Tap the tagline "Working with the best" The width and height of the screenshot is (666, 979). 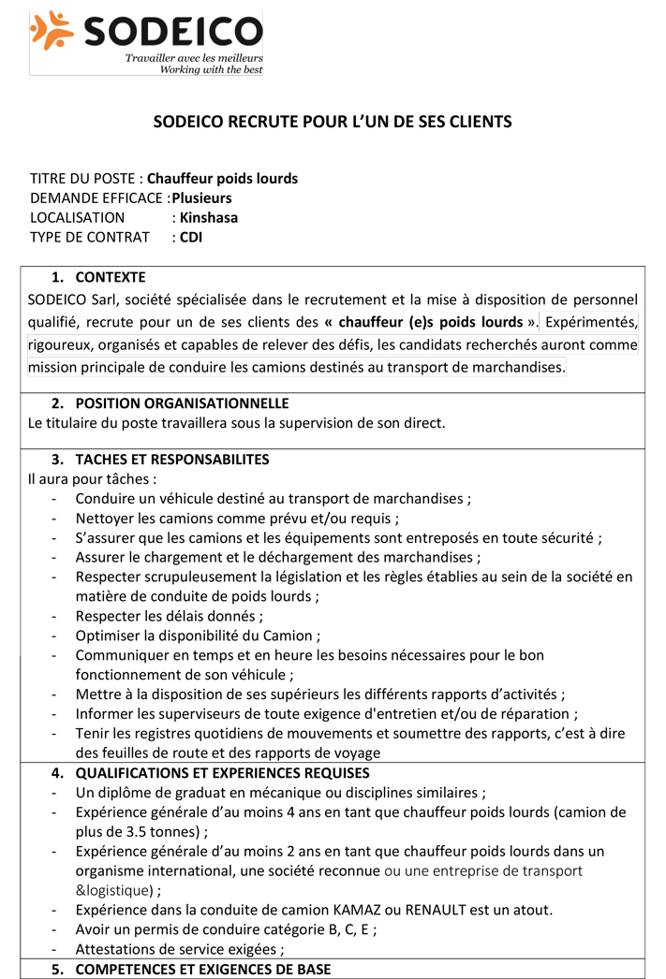pyautogui.click(x=211, y=69)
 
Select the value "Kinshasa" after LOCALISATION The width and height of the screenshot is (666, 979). pyautogui.click(x=209, y=217)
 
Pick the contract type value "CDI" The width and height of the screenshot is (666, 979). pyautogui.click(x=191, y=237)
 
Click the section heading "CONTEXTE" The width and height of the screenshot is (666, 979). pyautogui.click(x=111, y=277)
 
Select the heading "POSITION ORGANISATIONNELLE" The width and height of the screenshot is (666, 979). pyautogui.click(x=182, y=403)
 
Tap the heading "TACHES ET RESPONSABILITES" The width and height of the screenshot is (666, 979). pyautogui.click(x=172, y=460)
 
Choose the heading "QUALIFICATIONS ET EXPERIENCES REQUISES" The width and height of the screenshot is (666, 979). pyautogui.click(x=222, y=773)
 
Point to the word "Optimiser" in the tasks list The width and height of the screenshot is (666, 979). pyautogui.click(x=107, y=636)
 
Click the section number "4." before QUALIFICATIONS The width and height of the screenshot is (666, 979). pyautogui.click(x=58, y=773)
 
